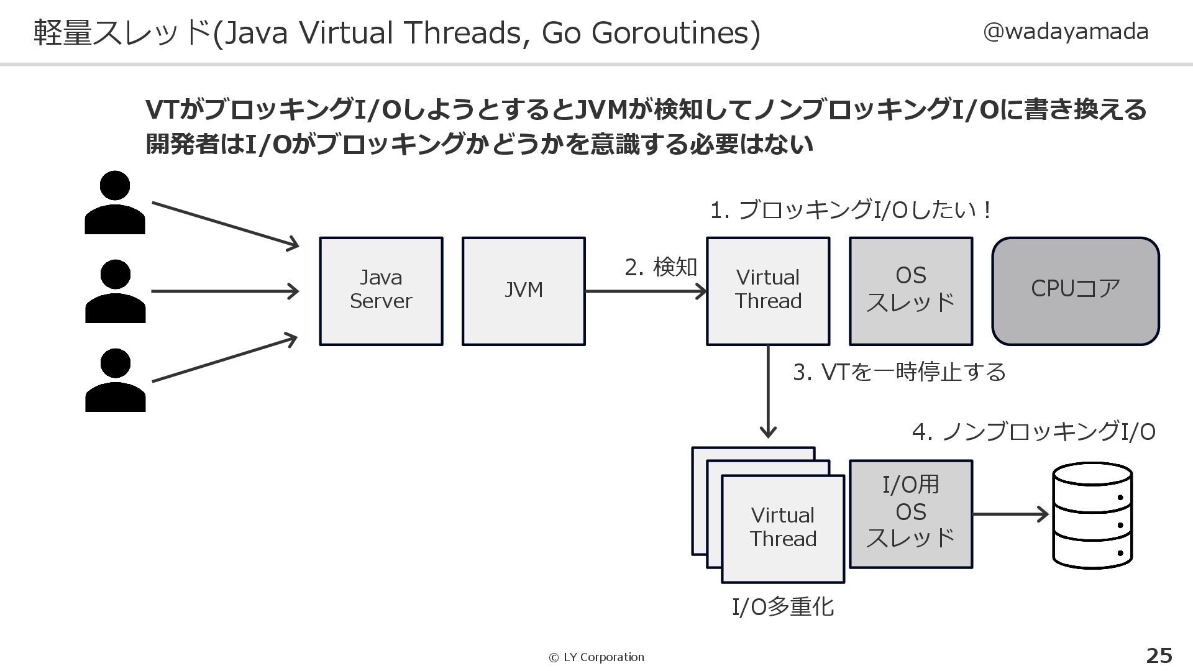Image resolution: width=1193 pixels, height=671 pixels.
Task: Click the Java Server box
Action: click(x=381, y=291)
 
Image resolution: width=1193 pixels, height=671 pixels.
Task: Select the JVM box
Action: click(x=523, y=291)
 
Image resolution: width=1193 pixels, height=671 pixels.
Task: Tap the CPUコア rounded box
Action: click(x=1076, y=291)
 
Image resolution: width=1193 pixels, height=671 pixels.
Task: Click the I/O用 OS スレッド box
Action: click(x=911, y=514)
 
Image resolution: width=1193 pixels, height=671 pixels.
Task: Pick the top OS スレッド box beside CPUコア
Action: click(x=911, y=291)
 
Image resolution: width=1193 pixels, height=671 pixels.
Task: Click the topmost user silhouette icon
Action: click(x=115, y=203)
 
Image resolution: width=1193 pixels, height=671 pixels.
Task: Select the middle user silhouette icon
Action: click(x=115, y=291)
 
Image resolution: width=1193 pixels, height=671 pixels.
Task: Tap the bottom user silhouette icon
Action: click(x=115, y=380)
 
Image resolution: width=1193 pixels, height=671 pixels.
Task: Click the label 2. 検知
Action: click(x=660, y=267)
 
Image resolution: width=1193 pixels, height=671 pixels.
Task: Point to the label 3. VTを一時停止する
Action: click(x=899, y=372)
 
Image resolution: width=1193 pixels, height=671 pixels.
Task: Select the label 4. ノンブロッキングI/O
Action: click(x=1033, y=431)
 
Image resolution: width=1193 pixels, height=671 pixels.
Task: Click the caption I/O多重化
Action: click(x=783, y=606)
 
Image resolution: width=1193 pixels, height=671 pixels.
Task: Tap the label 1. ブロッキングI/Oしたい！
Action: click(x=851, y=210)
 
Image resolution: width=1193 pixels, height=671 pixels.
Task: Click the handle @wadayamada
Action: click(x=1065, y=31)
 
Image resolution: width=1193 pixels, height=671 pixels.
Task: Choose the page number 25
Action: click(x=1159, y=655)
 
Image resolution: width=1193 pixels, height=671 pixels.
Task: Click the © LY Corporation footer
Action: click(x=596, y=657)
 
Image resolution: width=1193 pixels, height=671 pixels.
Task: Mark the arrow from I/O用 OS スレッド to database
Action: click(x=1010, y=514)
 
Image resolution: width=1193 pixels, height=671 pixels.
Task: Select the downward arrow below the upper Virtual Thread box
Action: click(x=769, y=391)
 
